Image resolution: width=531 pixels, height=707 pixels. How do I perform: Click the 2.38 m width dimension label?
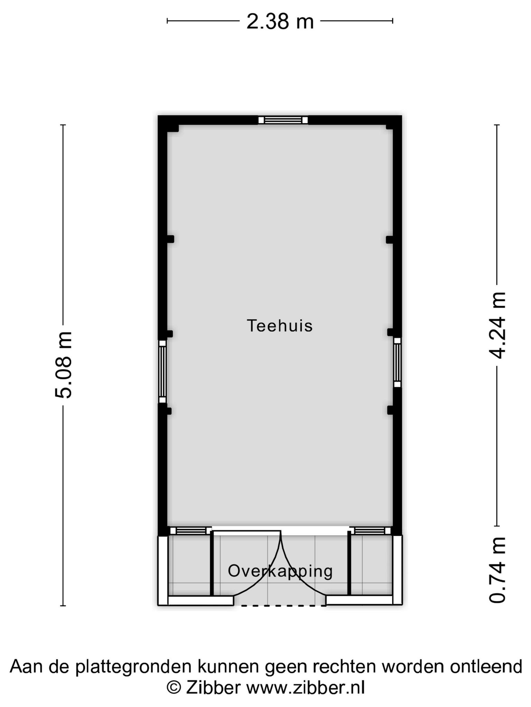tap(280, 21)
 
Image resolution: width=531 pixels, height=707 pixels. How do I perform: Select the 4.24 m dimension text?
tap(497, 325)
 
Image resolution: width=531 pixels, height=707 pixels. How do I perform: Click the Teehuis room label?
tap(280, 326)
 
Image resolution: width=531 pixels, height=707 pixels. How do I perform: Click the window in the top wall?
tap(283, 120)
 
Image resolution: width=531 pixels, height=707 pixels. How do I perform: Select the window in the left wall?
tap(162, 372)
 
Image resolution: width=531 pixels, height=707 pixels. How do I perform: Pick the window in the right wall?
tap(397, 362)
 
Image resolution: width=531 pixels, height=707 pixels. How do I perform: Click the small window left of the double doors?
tap(190, 531)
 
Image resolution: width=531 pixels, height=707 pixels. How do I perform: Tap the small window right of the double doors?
tap(370, 531)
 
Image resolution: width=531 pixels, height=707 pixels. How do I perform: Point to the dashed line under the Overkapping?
tap(283, 606)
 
